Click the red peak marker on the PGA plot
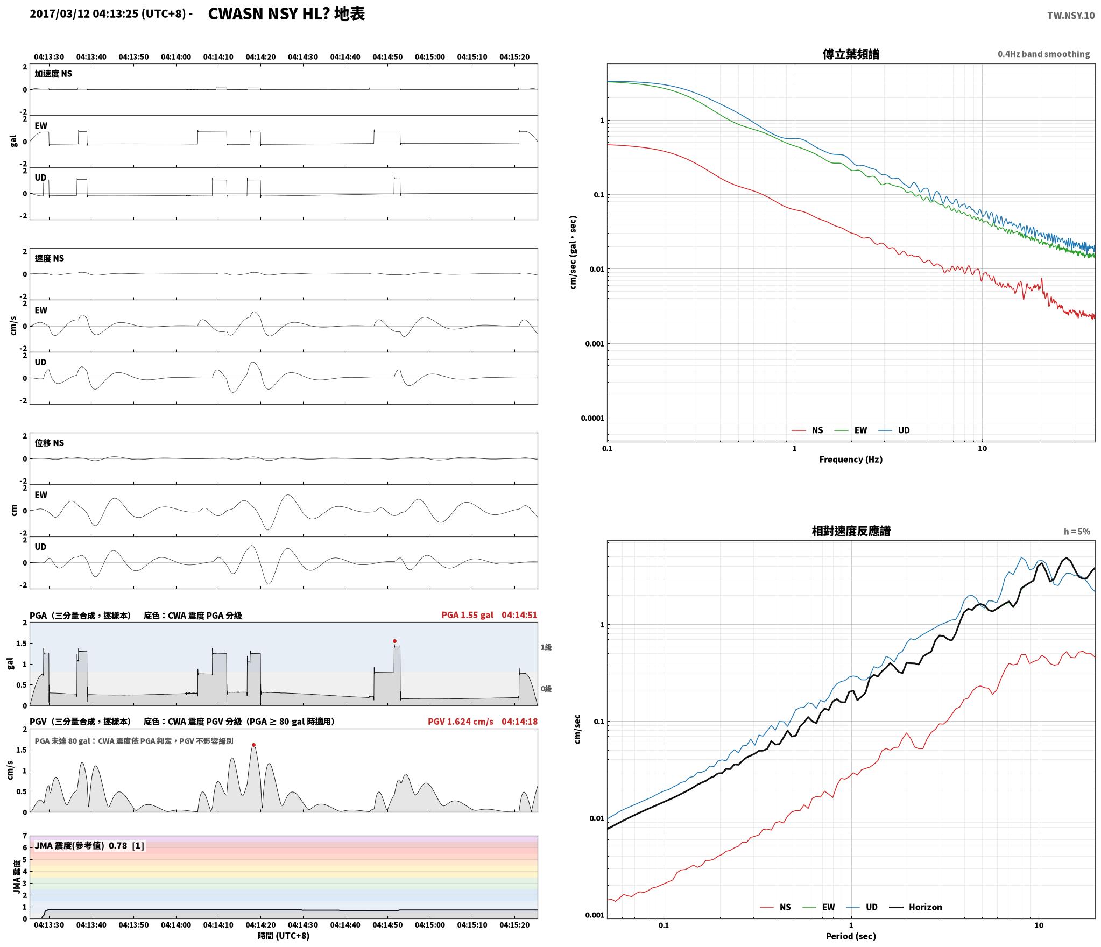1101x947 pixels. [394, 641]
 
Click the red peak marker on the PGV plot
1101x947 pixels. [253, 745]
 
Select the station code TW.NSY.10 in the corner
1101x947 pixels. [1070, 16]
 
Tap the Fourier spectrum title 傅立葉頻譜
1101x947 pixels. [851, 54]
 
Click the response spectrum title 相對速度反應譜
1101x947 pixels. [851, 531]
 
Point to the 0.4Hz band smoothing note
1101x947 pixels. [1043, 54]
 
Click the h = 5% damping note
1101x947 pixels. [1077, 532]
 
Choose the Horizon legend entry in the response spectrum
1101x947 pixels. [915, 907]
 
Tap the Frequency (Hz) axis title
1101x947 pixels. [851, 460]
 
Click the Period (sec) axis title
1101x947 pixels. [851, 936]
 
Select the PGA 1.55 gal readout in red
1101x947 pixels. [467, 615]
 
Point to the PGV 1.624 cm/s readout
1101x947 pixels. [461, 722]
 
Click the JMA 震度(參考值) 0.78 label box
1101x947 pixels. [89, 846]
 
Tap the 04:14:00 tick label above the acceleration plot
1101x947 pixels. [176, 57]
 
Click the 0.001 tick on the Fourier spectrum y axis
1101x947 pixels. [595, 344]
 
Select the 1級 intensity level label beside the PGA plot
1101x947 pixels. [546, 647]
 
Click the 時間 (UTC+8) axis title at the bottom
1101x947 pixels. [284, 936]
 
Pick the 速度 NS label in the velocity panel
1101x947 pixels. [50, 258]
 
